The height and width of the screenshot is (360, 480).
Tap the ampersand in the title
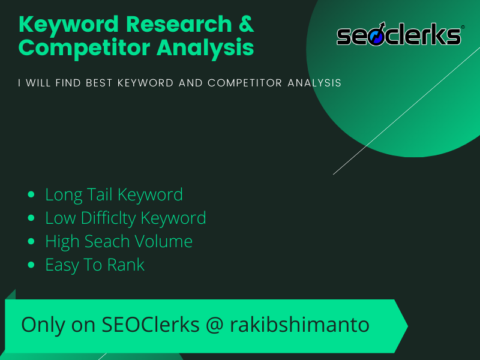245,25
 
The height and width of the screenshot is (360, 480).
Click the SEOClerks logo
400,35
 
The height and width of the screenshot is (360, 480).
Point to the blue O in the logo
376,36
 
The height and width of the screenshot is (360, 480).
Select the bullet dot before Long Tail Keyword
32,195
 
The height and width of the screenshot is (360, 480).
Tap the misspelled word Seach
110,241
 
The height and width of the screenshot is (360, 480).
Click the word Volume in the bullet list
164,241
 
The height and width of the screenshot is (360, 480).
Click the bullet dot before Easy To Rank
32,265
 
